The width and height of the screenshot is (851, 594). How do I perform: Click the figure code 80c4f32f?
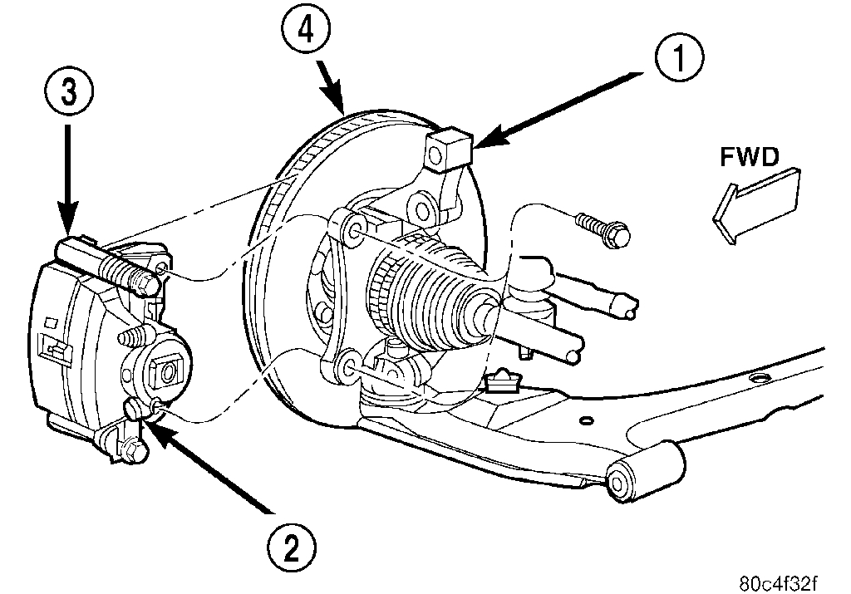(792, 581)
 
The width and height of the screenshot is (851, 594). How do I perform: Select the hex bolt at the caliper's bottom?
(131, 453)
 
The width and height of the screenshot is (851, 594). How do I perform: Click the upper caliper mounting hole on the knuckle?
(352, 228)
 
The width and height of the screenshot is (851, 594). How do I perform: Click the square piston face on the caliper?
(168, 371)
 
